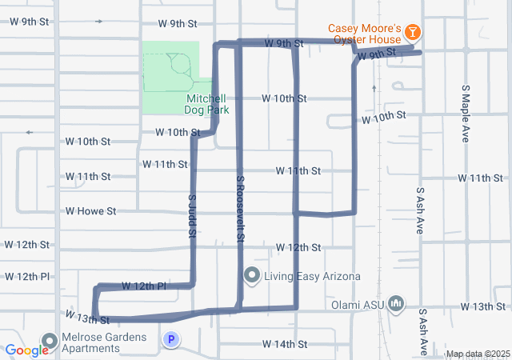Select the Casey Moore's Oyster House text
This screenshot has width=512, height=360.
click(x=364, y=34)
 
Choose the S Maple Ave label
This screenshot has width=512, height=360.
click(x=465, y=113)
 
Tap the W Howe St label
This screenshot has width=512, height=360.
click(x=91, y=211)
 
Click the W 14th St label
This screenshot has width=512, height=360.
click(x=285, y=344)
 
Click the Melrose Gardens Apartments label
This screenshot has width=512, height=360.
click(x=105, y=343)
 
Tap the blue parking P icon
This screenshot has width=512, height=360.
click(x=170, y=340)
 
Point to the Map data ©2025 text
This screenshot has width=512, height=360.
click(x=477, y=354)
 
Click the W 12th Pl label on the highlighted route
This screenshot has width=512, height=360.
click(x=144, y=286)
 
